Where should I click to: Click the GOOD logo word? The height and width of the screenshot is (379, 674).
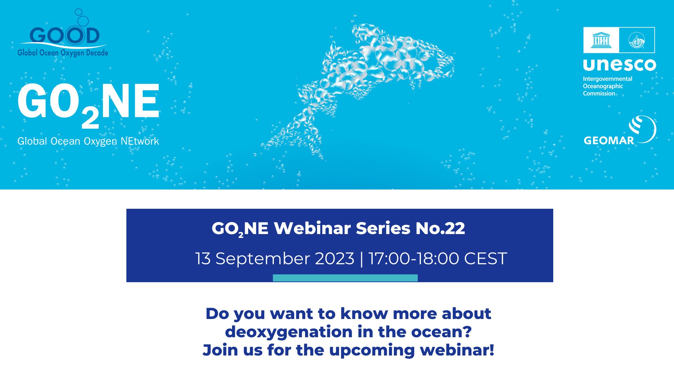pos(65,35)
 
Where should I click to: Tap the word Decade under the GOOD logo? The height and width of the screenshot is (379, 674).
pos(97,53)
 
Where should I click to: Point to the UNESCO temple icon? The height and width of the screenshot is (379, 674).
pos(601,40)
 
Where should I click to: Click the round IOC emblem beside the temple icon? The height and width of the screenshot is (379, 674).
pos(636,40)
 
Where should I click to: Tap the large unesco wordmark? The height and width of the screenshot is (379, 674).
pos(620,65)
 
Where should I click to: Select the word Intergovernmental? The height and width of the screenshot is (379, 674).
pos(608,79)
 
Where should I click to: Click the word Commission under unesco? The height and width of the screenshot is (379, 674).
pos(599,93)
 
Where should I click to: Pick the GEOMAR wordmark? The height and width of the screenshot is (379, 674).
pos(609,140)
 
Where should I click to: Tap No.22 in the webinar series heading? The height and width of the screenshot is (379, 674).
pos(440,228)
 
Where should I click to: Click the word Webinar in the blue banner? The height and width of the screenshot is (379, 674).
pos(312,228)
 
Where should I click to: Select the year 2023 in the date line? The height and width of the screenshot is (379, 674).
pos(335,259)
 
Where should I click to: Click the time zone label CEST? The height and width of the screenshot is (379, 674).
pos(485,259)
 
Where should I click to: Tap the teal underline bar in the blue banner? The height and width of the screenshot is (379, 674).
pos(345,278)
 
